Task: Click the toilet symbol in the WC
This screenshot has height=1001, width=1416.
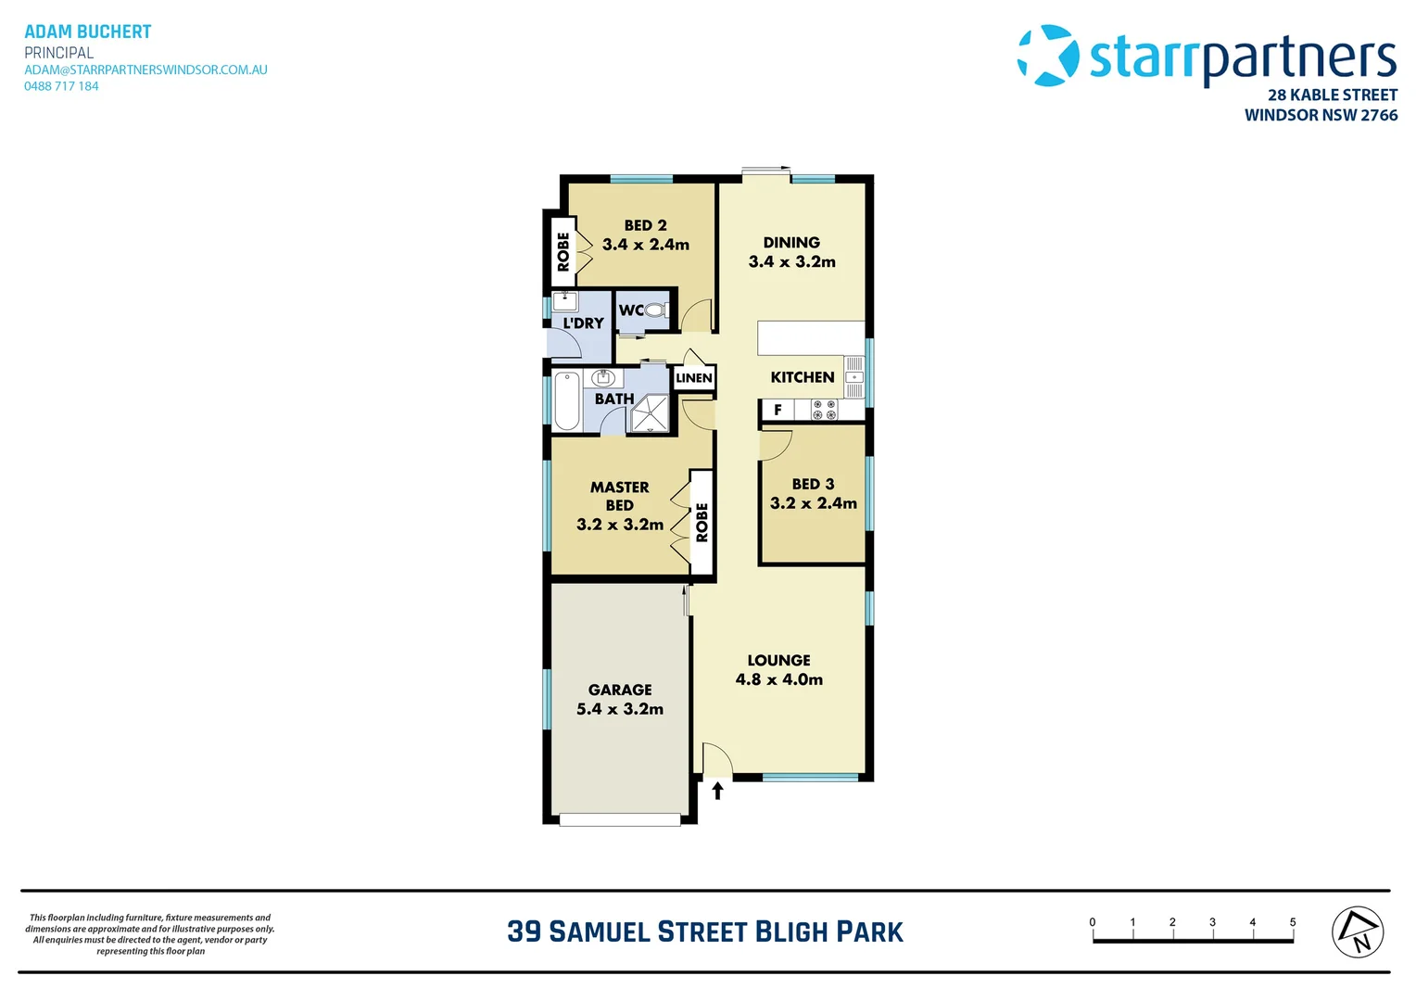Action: click(655, 310)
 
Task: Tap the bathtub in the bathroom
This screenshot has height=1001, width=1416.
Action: click(567, 400)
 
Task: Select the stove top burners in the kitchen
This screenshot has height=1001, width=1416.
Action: click(824, 410)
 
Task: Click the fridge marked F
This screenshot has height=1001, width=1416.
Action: click(778, 410)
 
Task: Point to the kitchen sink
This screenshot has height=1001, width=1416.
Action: click(854, 377)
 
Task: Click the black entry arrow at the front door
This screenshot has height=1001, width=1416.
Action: click(717, 791)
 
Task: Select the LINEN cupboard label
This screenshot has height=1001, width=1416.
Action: click(694, 378)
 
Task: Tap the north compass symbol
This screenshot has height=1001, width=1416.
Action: click(1358, 931)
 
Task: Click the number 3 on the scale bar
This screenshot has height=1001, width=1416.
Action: click(1212, 922)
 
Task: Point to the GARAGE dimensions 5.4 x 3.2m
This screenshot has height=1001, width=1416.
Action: click(620, 709)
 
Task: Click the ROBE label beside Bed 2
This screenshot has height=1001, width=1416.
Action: click(563, 251)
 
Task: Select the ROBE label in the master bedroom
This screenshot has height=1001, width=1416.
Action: click(702, 523)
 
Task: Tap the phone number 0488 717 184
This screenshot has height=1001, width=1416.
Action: click(61, 86)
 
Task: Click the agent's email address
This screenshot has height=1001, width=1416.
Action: click(145, 70)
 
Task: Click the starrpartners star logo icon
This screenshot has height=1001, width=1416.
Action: click(1048, 56)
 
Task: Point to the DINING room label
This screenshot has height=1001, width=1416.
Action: click(791, 243)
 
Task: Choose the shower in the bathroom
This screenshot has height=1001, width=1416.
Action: click(650, 413)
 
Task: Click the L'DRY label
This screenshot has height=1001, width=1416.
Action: click(584, 323)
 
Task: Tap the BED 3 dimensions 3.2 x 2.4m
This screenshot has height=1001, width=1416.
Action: click(813, 503)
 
